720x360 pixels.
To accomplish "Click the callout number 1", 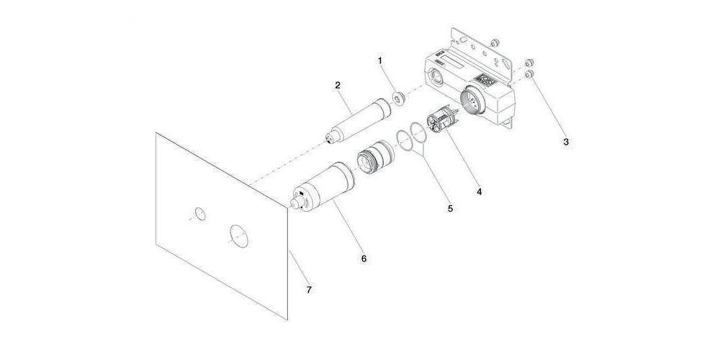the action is tap(379, 60).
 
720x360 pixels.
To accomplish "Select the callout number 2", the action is tap(338, 85).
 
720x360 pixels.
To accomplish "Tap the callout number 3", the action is tap(566, 142).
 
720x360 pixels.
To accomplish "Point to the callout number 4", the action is tap(479, 192).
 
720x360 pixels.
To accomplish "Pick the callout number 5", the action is tap(450, 209).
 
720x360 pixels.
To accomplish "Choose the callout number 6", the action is tap(364, 259).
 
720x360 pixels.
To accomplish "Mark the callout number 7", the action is tap(309, 289).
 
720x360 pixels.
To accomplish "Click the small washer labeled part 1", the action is tap(398, 99).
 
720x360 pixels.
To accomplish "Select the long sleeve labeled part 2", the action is tap(357, 120).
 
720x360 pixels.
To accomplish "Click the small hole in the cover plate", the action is tap(199, 214).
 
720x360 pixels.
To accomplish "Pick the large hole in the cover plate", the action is tap(239, 236).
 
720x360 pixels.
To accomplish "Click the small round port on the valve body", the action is tap(436, 78).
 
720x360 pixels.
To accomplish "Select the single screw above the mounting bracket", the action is tap(495, 44).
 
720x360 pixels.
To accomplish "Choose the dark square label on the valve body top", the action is tap(485, 81).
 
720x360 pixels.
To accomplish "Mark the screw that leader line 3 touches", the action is tap(529, 74).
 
